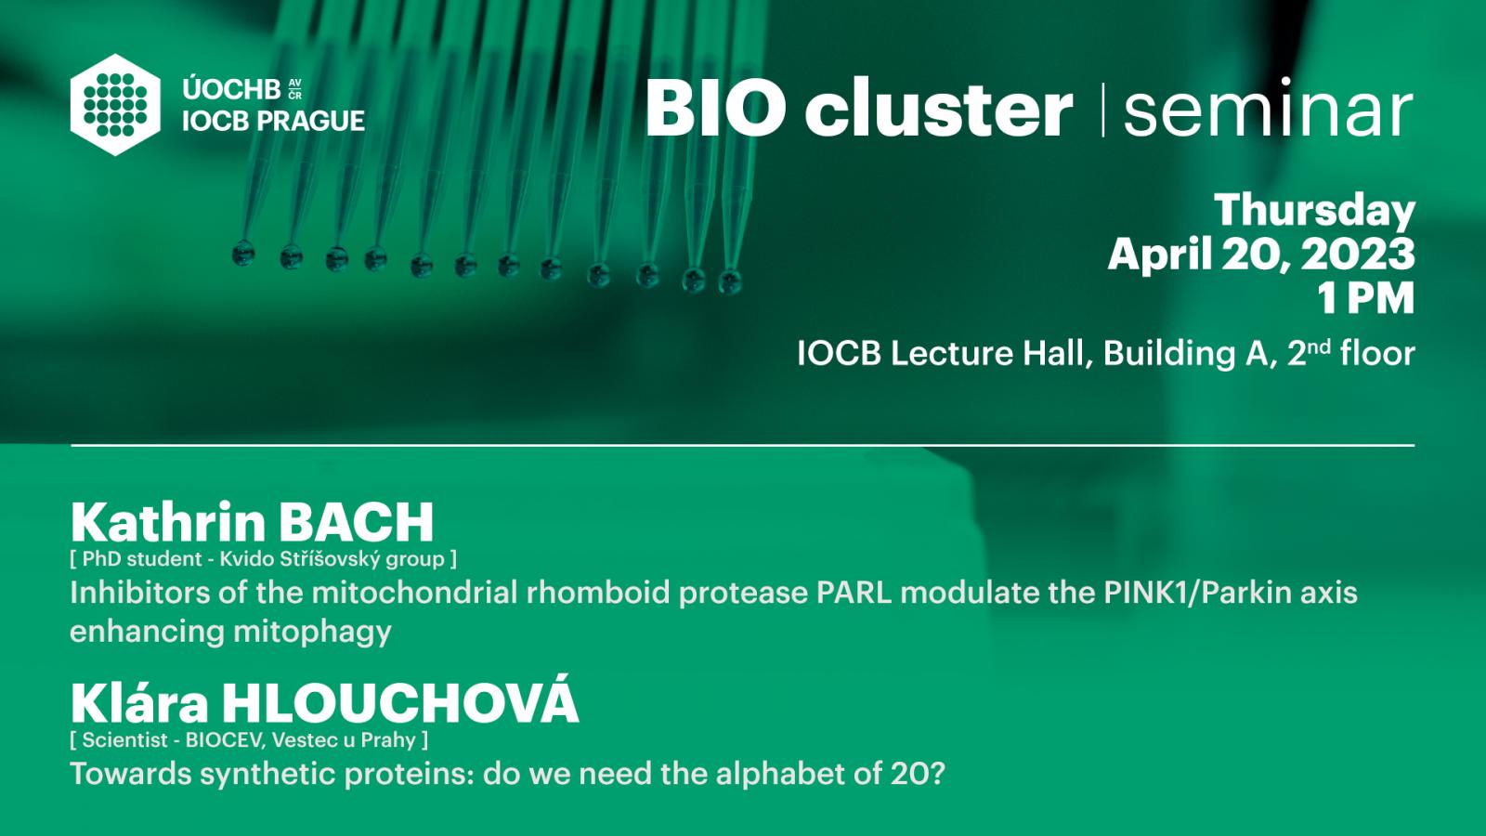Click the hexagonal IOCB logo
coord(115,105)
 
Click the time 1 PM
coord(1366,298)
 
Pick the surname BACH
coord(357,523)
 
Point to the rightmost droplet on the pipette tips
coord(730,281)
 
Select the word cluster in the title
coord(938,108)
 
